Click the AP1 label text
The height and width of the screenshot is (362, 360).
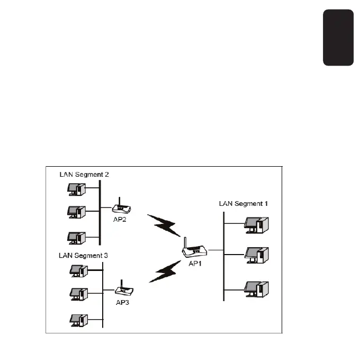tap(196, 264)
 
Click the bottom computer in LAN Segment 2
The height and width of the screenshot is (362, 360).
tap(75, 238)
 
